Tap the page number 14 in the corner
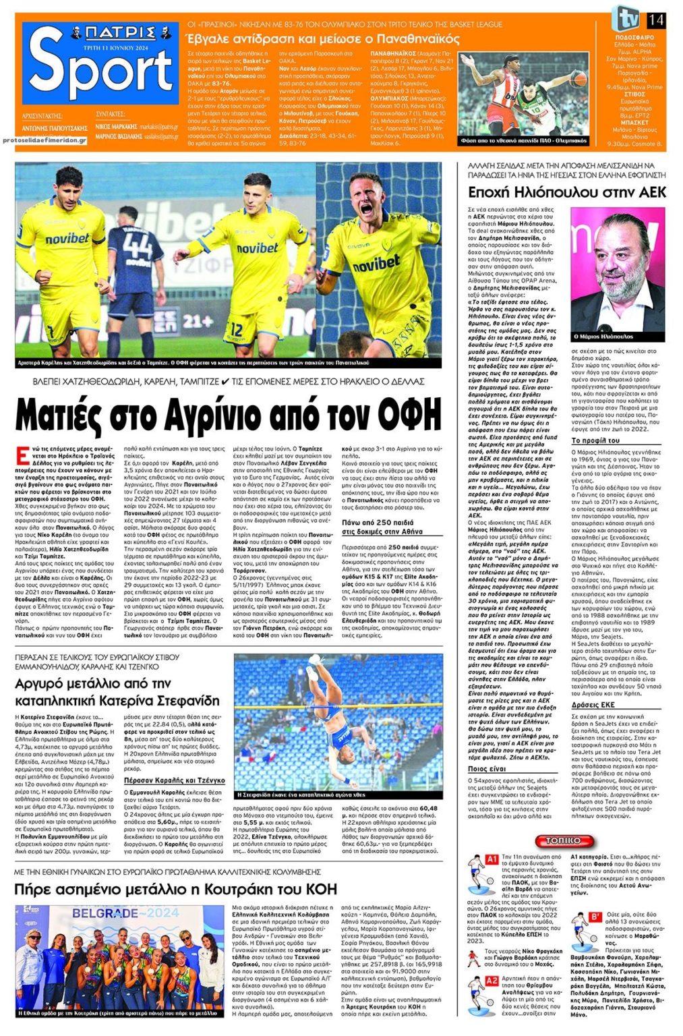point(655,20)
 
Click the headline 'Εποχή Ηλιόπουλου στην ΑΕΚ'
point(566,193)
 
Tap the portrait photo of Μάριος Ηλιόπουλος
point(617,270)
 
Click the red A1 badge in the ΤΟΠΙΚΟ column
point(492,859)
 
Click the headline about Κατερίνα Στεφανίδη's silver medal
point(117,692)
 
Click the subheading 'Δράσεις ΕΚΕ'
point(593,704)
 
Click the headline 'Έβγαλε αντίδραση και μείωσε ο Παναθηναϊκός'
point(322,38)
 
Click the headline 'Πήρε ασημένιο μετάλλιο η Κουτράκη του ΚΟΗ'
point(175,889)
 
